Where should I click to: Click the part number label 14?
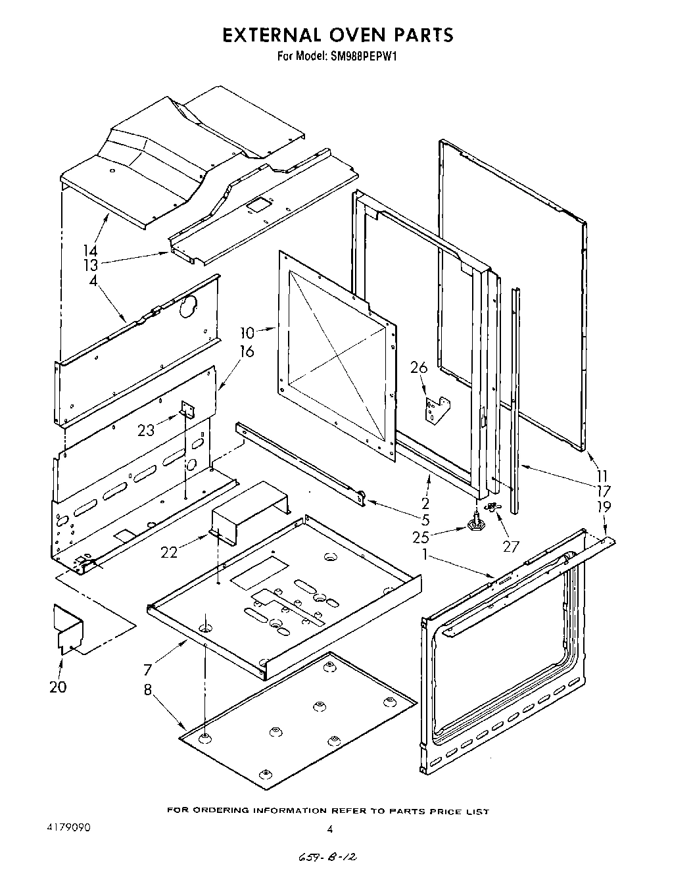[x=90, y=251]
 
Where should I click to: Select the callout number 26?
[x=419, y=368]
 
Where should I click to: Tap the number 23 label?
[x=147, y=430]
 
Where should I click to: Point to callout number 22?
[x=170, y=552]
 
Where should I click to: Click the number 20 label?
[x=58, y=687]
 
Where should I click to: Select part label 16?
[x=247, y=351]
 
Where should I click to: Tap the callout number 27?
[x=511, y=546]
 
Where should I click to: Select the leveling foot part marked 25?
[x=475, y=523]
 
